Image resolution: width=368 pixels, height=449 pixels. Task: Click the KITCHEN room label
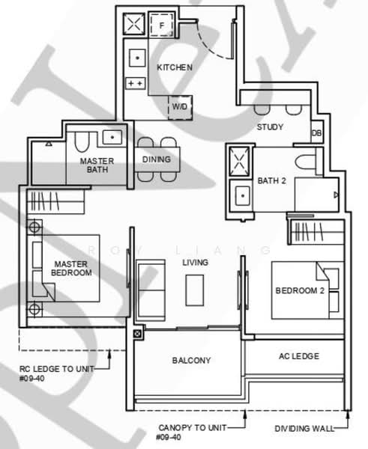pos(175,68)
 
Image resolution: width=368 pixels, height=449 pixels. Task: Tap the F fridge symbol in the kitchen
pos(160,25)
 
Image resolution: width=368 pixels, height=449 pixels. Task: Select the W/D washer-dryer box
pos(180,108)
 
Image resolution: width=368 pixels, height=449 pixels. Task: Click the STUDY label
pos(270,127)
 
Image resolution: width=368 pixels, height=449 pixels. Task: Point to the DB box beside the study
pos(316,133)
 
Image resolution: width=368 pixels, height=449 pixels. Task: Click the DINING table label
pos(156,159)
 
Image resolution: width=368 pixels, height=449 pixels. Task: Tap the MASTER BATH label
pos(97,165)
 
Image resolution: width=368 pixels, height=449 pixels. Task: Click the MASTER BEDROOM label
pos(72,268)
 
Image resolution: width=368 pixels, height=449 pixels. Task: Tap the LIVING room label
pos(195,263)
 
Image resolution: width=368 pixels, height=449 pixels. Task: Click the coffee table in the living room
pos(195,289)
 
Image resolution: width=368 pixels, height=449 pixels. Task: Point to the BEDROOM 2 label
pos(300,290)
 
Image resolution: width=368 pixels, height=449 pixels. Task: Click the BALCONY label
pos(191,361)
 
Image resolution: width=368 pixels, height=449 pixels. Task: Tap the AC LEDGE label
pos(299,356)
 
